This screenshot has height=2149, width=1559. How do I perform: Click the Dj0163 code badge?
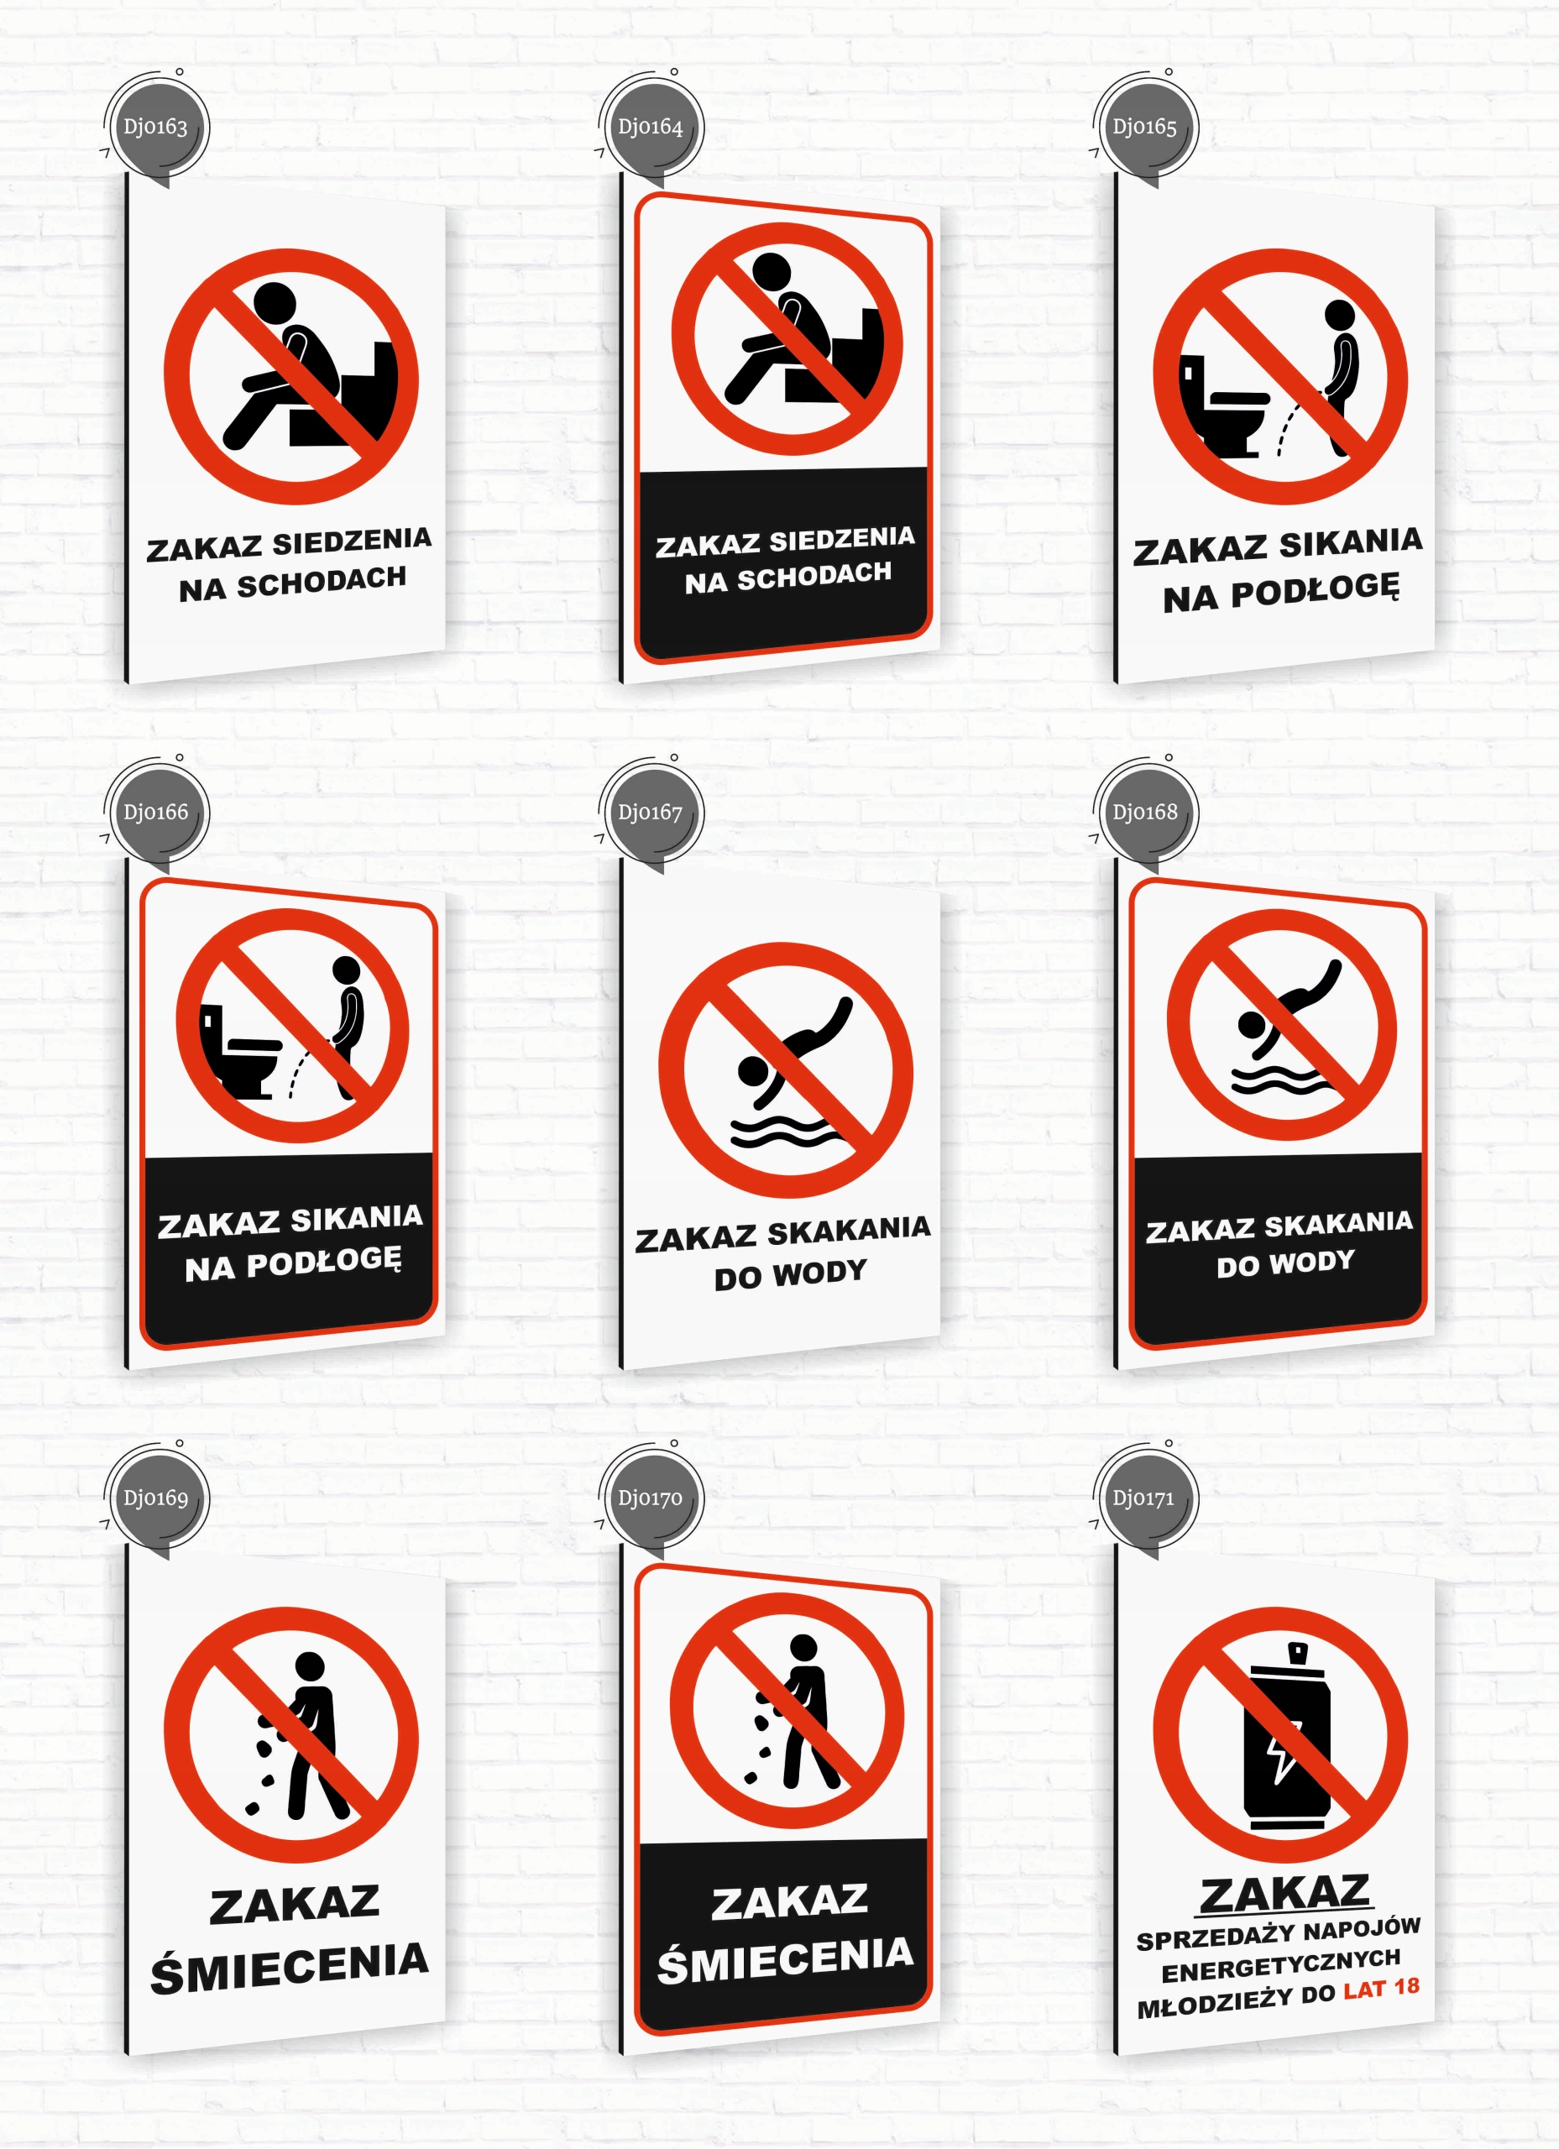(155, 127)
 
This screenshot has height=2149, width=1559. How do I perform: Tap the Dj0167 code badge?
(650, 813)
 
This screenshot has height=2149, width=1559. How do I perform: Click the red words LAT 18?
(1381, 1988)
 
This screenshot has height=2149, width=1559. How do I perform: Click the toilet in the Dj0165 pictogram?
(1222, 405)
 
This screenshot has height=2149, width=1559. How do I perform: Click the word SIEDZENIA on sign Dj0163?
(352, 542)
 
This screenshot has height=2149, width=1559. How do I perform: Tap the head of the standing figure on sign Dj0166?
(347, 970)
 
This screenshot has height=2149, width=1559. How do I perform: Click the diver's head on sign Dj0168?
(1251, 1025)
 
